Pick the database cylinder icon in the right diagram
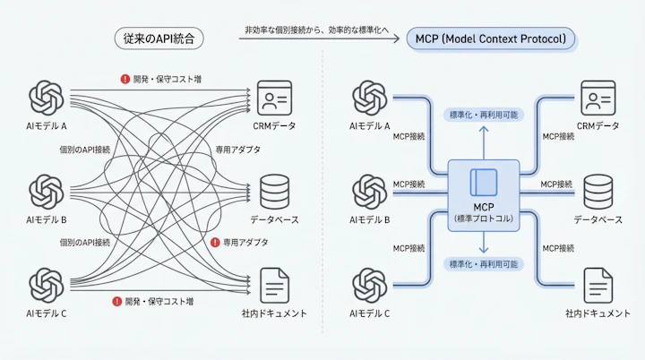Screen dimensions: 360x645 [x=598, y=191]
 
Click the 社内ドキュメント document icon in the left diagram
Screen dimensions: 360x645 [x=275, y=285]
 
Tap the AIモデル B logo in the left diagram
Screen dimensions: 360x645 [x=47, y=191]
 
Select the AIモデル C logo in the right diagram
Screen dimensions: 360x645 [x=369, y=285]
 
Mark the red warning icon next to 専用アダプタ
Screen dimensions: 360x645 [x=215, y=242]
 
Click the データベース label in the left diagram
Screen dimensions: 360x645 [x=273, y=219]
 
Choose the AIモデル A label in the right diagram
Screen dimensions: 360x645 [x=369, y=125]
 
